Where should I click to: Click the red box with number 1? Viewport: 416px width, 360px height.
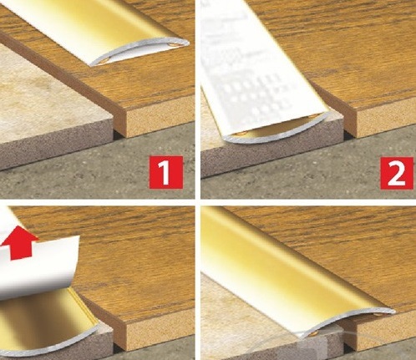[166, 172]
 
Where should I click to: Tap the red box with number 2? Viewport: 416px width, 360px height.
[397, 173]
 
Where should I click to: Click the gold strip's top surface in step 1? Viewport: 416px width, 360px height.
[92, 25]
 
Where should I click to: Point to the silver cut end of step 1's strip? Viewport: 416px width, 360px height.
[140, 52]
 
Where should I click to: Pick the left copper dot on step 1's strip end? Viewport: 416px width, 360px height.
[105, 60]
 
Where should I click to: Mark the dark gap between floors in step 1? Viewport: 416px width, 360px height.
[118, 134]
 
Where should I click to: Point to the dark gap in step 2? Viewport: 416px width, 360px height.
[348, 134]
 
